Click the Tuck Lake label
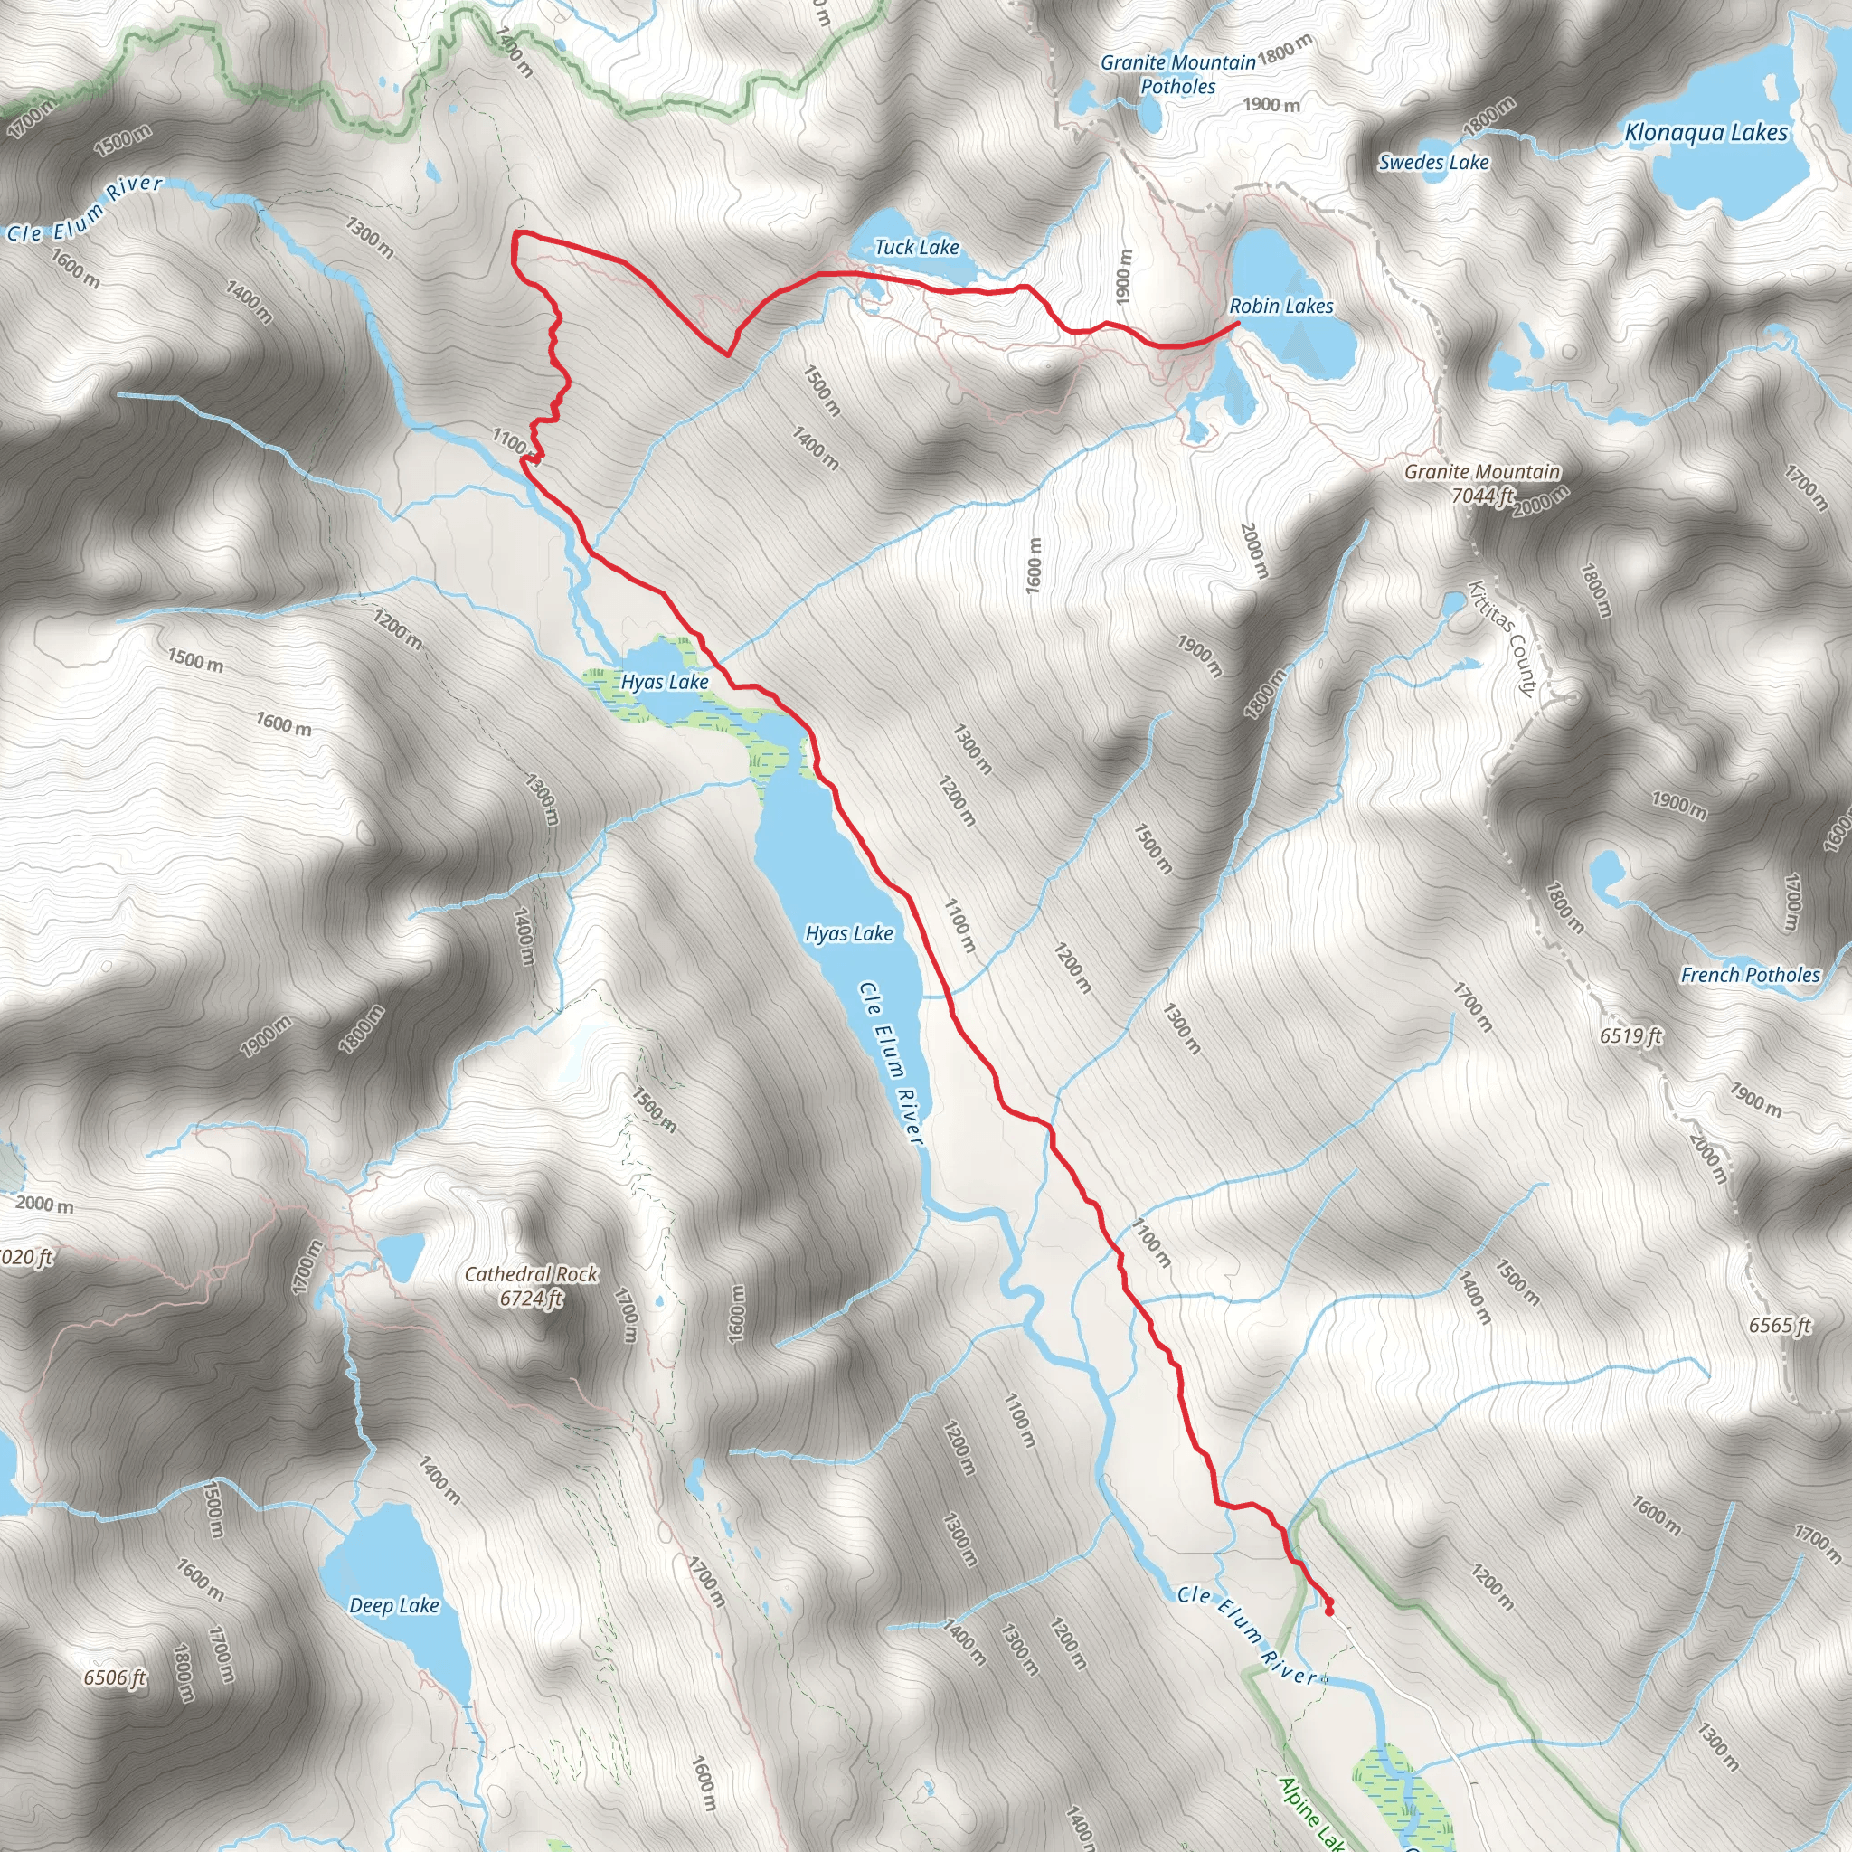coord(915,247)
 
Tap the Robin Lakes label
coord(1280,306)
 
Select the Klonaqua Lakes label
coord(1706,133)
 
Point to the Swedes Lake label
coord(1433,162)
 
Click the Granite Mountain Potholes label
coord(1177,75)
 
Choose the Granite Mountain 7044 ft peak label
coord(1482,483)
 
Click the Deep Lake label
coord(394,1605)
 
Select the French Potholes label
coord(1750,975)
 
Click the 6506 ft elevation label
coord(114,1677)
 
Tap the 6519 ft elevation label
coord(1630,1035)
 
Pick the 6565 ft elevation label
coord(1779,1325)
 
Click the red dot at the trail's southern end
coord(1328,1611)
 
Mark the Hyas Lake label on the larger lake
coord(848,932)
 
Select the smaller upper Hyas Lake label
coord(665,682)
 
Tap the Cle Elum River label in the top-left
coord(85,208)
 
